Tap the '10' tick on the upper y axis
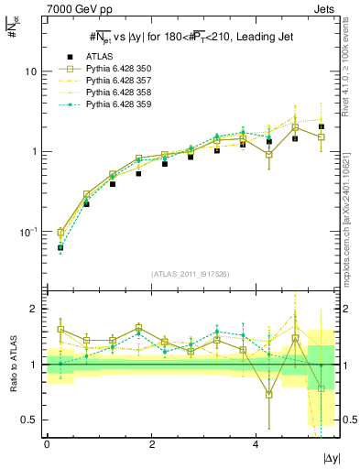click(x=30, y=71)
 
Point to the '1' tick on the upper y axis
click(x=33, y=151)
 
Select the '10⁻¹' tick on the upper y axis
click(x=27, y=231)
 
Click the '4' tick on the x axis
click(x=256, y=444)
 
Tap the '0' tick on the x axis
click(x=47, y=444)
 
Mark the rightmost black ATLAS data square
click(x=322, y=126)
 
